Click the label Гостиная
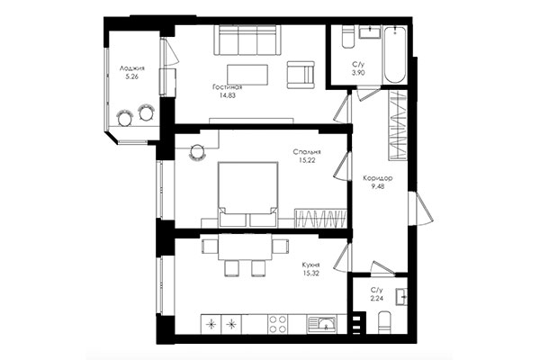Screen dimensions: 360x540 tap(228, 87)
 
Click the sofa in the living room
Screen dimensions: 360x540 tap(246, 40)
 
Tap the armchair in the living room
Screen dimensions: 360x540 tap(301, 74)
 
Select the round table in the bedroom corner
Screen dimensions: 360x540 tap(196, 154)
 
